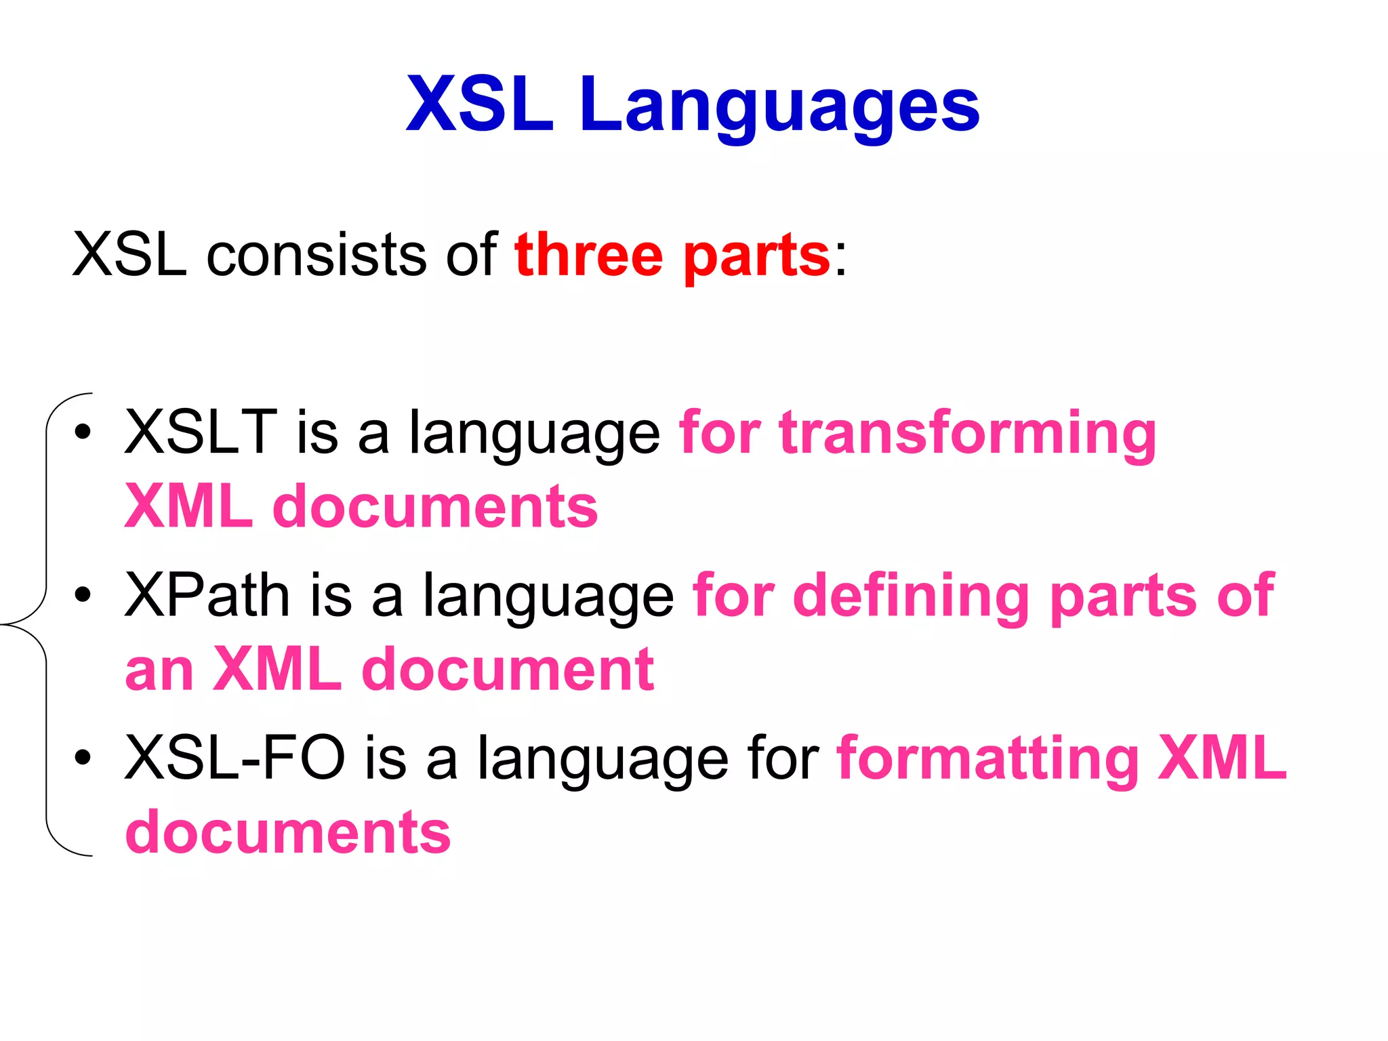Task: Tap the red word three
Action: pos(588,256)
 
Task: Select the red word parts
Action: pos(756,258)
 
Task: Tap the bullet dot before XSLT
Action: pos(83,432)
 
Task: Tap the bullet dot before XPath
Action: pos(83,595)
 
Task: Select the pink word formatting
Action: pos(988,759)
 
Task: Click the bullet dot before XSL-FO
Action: pos(83,758)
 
